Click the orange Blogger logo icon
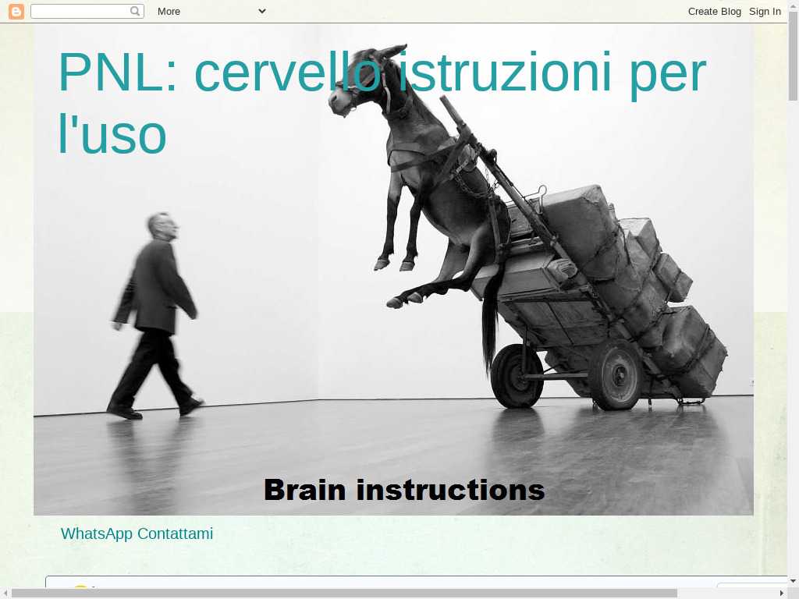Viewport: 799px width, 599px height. [x=16, y=11]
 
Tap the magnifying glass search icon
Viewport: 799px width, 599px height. [x=135, y=11]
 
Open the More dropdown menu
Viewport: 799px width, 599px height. [x=211, y=11]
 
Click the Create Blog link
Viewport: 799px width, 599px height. [x=715, y=11]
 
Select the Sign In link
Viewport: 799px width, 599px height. [x=765, y=11]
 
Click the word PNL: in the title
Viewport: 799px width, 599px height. [x=118, y=73]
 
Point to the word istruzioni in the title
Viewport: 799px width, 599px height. [x=505, y=73]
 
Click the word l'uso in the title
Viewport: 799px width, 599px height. [x=112, y=133]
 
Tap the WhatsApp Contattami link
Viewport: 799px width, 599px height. [x=137, y=533]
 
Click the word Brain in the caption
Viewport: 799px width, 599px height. [x=305, y=490]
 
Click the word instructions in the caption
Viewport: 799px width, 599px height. [x=450, y=490]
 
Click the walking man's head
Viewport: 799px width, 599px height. [x=162, y=226]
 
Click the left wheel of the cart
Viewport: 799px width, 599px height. [x=517, y=376]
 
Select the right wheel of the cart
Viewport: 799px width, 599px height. [x=616, y=376]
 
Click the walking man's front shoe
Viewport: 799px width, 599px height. [x=191, y=406]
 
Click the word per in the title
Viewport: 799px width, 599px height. [x=668, y=76]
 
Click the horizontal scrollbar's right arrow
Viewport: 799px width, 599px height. [x=782, y=593]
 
